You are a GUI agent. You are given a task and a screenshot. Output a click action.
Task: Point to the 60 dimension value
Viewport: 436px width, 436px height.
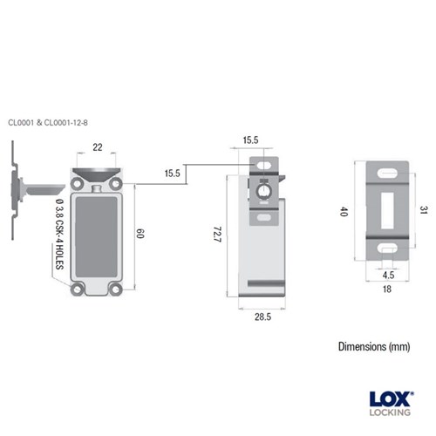click(x=140, y=234)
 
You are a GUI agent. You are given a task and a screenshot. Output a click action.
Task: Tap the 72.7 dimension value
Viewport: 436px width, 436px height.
click(x=215, y=235)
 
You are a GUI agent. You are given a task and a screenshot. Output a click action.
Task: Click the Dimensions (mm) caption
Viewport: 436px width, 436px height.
click(x=374, y=346)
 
